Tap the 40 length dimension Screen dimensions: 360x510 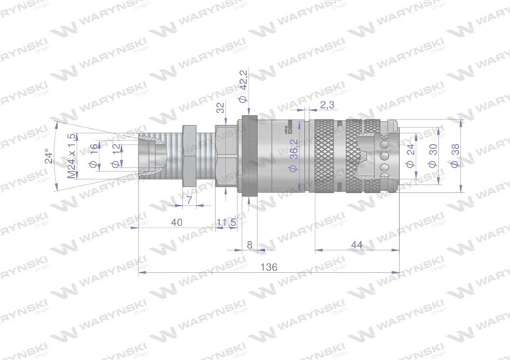tap(176, 223)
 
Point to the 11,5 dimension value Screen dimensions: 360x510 tap(227, 223)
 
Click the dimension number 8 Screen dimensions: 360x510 tap(249, 245)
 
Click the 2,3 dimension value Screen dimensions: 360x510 tap(326, 106)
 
